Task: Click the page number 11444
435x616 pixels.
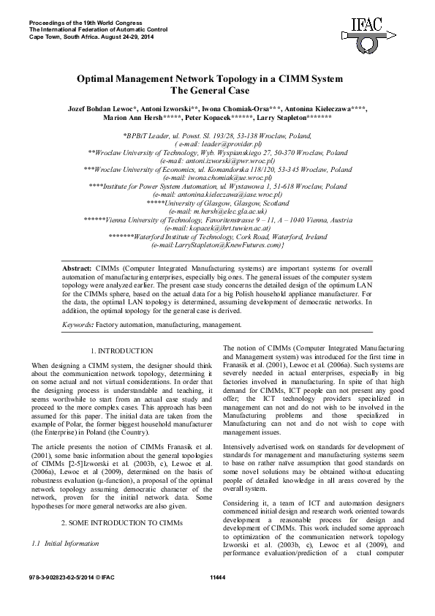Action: pos(217,598)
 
